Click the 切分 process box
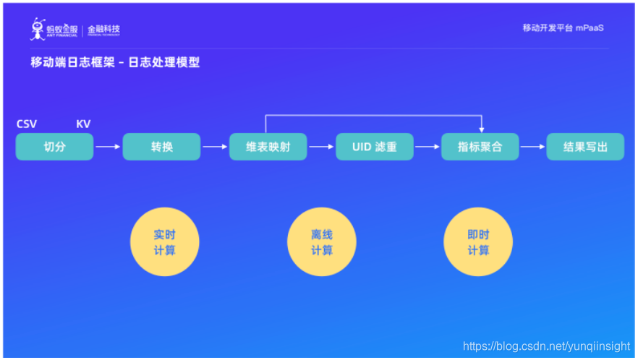(55, 147)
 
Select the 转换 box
(161, 147)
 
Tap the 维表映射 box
(268, 147)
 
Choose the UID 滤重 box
(375, 147)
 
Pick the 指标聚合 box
(480, 147)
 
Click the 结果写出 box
(585, 147)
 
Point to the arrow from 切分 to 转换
(108, 147)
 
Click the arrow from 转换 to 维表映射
(214, 147)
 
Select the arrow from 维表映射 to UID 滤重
(321, 147)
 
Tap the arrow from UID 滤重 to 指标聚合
(428, 147)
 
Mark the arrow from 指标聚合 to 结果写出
(532, 147)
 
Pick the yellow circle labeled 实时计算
(164, 243)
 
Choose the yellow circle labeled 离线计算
(322, 243)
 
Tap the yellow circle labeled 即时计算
(478, 243)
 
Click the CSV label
(27, 124)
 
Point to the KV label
(83, 124)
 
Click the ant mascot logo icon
(38, 30)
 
